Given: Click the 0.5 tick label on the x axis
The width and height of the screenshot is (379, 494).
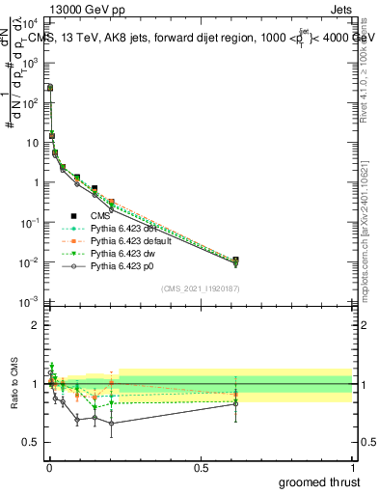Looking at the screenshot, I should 201,468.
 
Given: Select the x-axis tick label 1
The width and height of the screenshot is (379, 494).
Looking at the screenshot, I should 352,468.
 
